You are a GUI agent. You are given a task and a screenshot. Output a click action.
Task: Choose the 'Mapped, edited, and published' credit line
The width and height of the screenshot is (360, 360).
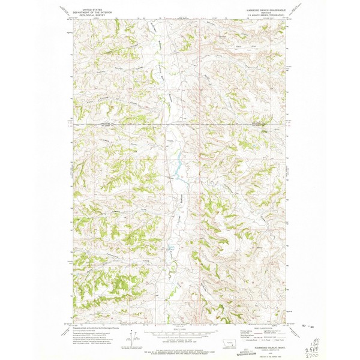pos(93,328)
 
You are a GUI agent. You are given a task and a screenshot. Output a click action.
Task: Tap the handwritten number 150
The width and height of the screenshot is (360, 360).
pos(331,341)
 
